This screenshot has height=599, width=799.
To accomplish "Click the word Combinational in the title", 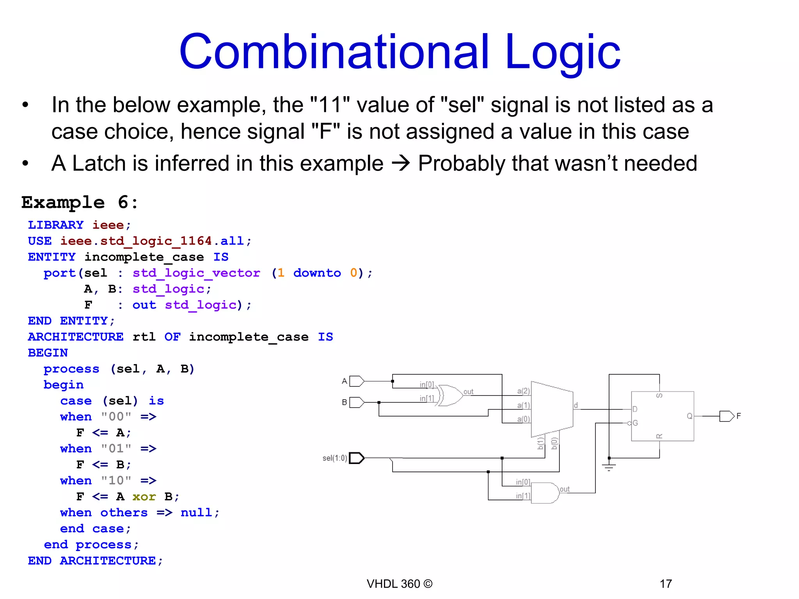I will coord(334,52).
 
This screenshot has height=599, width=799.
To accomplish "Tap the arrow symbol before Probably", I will coord(401,163).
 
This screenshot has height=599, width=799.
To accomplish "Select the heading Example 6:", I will coord(80,202).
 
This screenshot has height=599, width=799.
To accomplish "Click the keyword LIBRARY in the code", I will coord(55,225).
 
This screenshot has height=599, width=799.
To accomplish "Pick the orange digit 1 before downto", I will coord(281,273).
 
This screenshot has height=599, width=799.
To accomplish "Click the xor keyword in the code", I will coord(144,496).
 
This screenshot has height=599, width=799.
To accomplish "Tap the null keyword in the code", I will coord(196,512).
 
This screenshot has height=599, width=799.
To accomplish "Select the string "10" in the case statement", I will coord(116,480).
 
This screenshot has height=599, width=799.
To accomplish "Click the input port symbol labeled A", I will coord(357,381).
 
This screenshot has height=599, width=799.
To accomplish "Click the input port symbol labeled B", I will coord(357,402).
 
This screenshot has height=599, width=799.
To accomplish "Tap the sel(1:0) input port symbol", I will coord(356,458).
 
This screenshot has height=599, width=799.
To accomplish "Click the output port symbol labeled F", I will coord(726,416).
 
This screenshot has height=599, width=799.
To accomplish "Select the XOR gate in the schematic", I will coord(450,395).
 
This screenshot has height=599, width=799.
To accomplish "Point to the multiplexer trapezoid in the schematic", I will coord(552,409).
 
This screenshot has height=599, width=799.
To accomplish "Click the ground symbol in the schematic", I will coord(609,466).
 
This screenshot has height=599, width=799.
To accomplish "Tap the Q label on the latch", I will coord(689,416).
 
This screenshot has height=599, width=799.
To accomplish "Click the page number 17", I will coord(666,584).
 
